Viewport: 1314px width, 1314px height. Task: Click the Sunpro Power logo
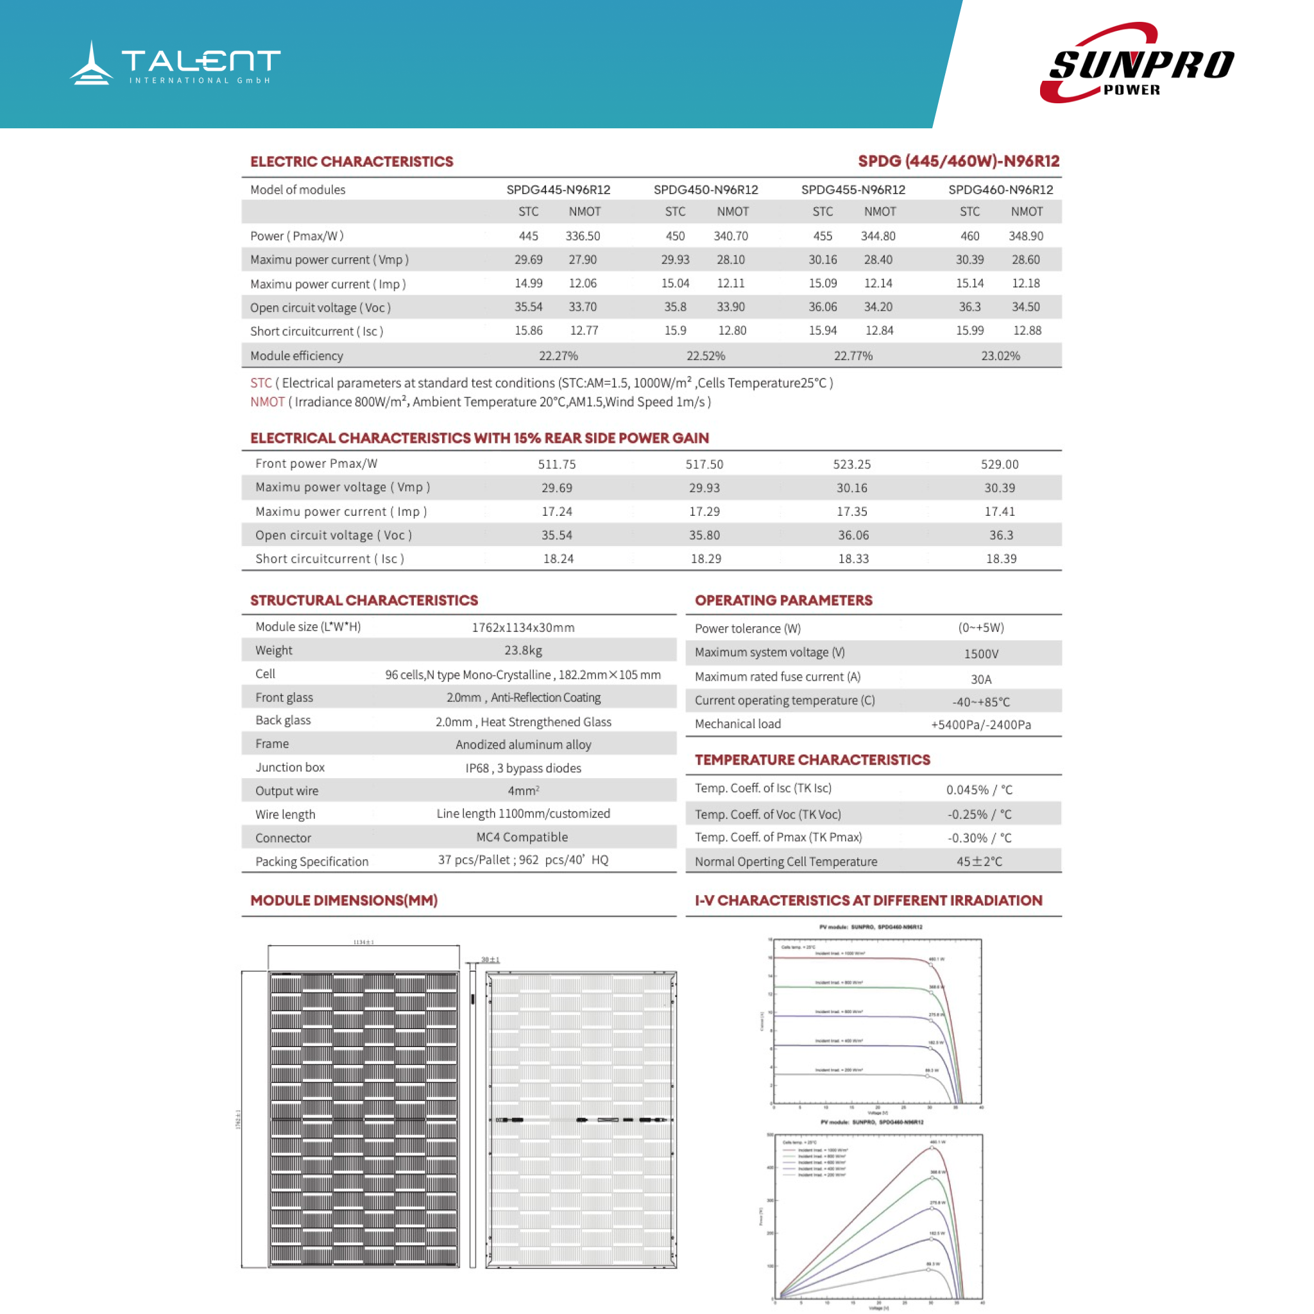point(1137,64)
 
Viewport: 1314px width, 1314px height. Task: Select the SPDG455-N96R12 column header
point(853,190)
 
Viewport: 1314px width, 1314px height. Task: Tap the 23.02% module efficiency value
point(1000,355)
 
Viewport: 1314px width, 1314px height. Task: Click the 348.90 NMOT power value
point(1026,236)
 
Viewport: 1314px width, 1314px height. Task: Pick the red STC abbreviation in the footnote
point(260,383)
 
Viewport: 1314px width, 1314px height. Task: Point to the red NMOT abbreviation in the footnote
point(268,402)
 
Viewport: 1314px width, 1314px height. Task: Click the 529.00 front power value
point(999,465)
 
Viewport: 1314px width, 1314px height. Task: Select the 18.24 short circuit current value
point(558,559)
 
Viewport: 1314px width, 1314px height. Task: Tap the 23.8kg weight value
point(523,651)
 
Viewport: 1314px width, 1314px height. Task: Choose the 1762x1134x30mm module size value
point(523,627)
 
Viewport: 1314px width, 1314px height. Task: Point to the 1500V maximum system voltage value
point(981,654)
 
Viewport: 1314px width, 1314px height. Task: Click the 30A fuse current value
point(981,679)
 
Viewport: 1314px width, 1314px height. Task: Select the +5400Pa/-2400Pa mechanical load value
point(981,725)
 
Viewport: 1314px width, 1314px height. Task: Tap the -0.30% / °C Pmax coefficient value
point(979,838)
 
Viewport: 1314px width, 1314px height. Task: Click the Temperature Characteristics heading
point(812,760)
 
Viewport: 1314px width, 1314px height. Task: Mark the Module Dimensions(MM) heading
point(343,900)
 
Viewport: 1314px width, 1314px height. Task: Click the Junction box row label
point(290,767)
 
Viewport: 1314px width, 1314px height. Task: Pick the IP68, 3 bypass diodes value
point(523,769)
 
